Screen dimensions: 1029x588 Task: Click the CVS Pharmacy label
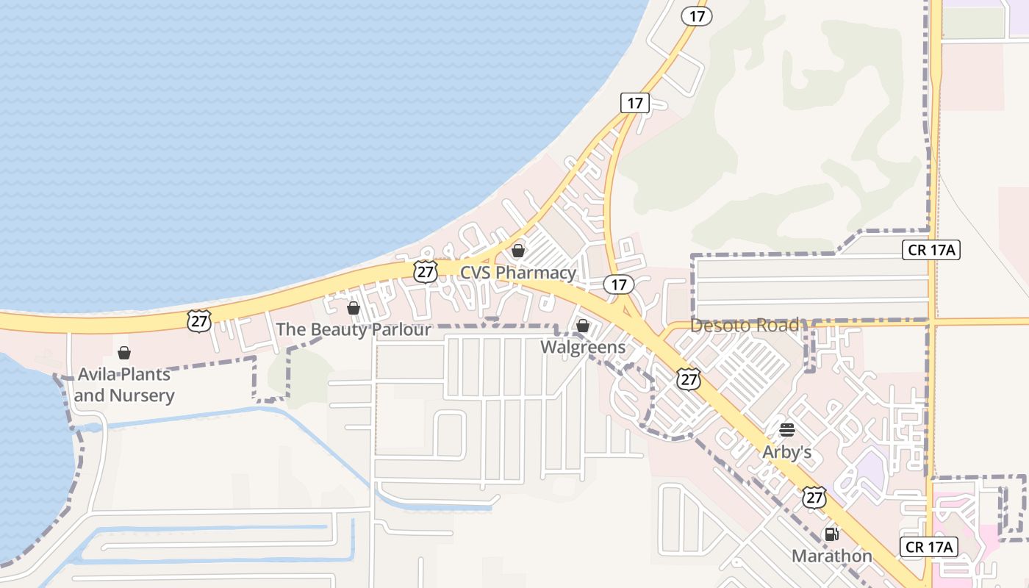(x=518, y=273)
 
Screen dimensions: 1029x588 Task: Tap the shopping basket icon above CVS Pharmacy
(x=518, y=251)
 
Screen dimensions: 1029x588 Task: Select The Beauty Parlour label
(x=354, y=329)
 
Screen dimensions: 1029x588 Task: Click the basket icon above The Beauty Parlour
(x=354, y=308)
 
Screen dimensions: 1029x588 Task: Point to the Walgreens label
(x=583, y=347)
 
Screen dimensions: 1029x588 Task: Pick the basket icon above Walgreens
(x=583, y=325)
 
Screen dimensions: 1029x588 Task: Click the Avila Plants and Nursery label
(x=124, y=384)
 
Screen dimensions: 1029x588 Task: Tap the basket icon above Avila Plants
(x=124, y=354)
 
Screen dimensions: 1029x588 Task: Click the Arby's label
(x=787, y=452)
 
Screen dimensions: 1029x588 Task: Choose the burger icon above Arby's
(x=787, y=430)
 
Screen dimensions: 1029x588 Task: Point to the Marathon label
(x=832, y=556)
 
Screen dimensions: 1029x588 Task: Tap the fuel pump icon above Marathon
(x=832, y=534)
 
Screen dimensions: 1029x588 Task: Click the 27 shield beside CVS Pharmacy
(x=425, y=271)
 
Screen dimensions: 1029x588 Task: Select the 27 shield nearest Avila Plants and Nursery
(x=199, y=321)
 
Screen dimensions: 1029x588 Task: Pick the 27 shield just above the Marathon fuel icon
(x=814, y=498)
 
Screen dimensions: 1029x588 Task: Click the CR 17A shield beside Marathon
(x=929, y=547)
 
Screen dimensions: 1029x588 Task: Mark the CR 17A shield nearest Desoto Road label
(x=931, y=250)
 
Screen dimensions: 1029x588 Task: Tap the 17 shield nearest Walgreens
(x=619, y=284)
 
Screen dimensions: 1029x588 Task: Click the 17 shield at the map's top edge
(x=696, y=15)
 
